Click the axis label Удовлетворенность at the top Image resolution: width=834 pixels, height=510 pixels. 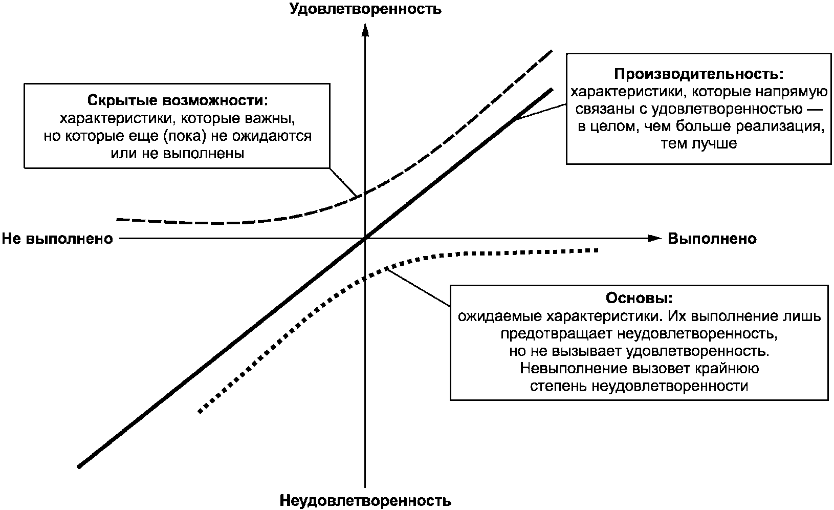click(x=365, y=9)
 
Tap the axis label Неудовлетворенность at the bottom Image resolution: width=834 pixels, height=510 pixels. click(x=365, y=500)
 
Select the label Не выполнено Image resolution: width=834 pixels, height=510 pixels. click(x=57, y=239)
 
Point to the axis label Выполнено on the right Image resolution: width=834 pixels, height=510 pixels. click(x=712, y=239)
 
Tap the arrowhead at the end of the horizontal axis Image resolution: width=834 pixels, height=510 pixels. click(x=654, y=238)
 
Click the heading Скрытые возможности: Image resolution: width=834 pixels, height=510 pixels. click(x=178, y=99)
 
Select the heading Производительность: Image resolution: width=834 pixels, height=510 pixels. click(x=698, y=74)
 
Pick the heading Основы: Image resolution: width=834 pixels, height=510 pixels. click(x=639, y=298)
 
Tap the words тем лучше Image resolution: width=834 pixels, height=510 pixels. click(x=698, y=143)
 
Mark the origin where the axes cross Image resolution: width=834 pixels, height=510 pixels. click(x=365, y=238)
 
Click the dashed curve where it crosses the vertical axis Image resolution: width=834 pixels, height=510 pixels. click(x=365, y=193)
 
